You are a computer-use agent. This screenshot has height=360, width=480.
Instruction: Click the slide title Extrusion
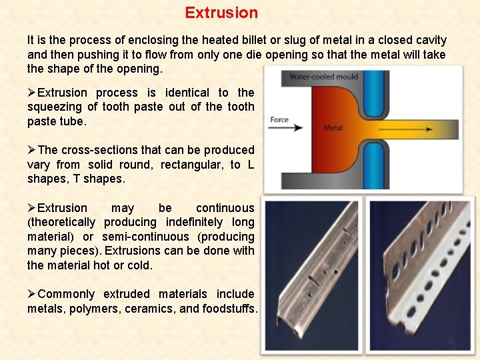click(221, 13)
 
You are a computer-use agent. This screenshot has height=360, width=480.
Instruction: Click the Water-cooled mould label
click(323, 77)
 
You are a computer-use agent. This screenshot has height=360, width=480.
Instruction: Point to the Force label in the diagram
click(279, 120)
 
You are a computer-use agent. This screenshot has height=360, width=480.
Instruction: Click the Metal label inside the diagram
click(333, 127)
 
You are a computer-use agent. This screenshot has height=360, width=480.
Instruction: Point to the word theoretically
click(61, 223)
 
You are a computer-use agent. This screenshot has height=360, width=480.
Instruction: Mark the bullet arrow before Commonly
click(32, 294)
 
